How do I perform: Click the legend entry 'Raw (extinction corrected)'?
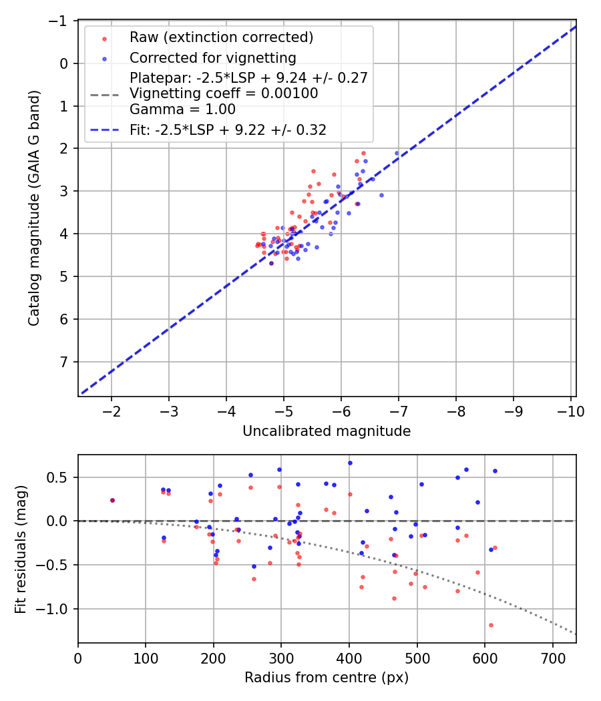[x=221, y=37]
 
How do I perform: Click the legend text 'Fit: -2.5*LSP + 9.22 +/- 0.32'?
[x=228, y=130]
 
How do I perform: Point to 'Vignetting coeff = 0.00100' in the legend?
[x=224, y=93]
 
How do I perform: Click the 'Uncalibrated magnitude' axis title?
[x=326, y=431]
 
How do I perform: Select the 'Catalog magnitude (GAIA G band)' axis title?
[x=35, y=208]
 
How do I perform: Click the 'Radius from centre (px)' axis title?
[x=326, y=678]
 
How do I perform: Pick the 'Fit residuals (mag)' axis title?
[x=20, y=549]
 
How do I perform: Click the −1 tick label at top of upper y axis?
[x=61, y=21]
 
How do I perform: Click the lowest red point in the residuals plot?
[x=491, y=625]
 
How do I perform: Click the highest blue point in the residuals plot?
[x=349, y=463]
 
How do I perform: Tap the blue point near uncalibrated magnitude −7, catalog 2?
[x=397, y=153]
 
